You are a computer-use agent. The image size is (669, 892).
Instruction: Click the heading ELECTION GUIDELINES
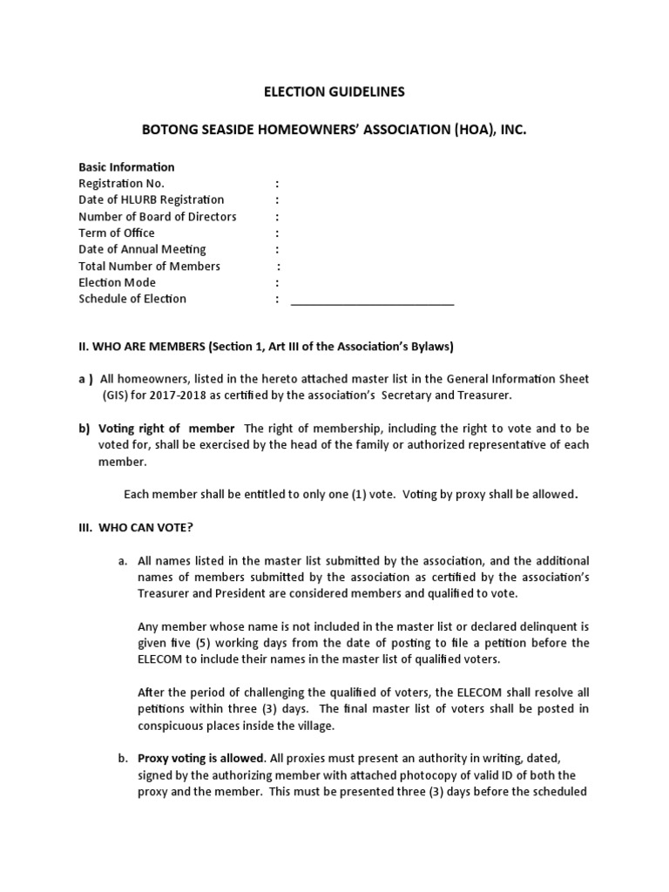coord(334,91)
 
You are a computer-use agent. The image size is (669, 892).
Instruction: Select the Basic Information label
coord(126,166)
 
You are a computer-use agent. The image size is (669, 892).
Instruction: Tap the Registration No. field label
coord(121,183)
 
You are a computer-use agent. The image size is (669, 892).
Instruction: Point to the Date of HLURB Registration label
coord(151,199)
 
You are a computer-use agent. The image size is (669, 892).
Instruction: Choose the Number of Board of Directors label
coord(157,216)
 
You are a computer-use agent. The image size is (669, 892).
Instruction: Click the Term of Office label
coord(117,233)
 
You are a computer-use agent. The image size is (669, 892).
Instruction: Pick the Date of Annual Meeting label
coord(142,249)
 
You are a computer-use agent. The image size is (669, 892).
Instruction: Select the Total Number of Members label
coord(149,266)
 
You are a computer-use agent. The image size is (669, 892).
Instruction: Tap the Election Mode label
coord(117,282)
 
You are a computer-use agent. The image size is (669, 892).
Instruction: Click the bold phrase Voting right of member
coord(166,429)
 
